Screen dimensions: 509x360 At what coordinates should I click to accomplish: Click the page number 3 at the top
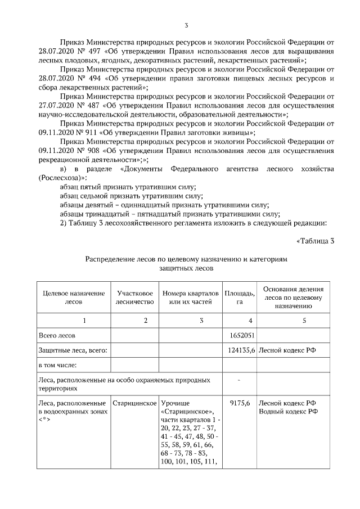tap(186, 25)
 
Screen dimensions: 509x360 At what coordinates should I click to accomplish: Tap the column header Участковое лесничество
tap(134, 298)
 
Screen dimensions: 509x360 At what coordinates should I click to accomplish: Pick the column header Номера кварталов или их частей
tap(190, 298)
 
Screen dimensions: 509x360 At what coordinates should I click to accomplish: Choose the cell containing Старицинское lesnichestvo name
tap(134, 403)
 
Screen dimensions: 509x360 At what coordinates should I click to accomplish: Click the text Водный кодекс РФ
tap(287, 412)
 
